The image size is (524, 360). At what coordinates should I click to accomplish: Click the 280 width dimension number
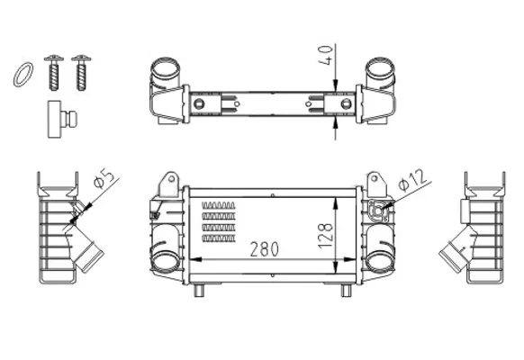pos(265,249)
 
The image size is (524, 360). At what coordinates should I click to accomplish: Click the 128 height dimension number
pos(326,236)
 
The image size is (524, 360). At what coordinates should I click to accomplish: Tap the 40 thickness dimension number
pos(326,55)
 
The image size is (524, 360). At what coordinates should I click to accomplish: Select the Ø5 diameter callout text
pos(104,179)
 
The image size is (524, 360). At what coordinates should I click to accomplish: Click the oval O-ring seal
pos(23,75)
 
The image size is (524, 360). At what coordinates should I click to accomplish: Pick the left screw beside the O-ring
pos(54,72)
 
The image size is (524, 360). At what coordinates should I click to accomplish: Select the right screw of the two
pos(81,72)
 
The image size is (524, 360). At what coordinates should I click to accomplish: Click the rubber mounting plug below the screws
pos(62,119)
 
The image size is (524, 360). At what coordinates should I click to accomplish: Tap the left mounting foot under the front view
pos(199,290)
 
